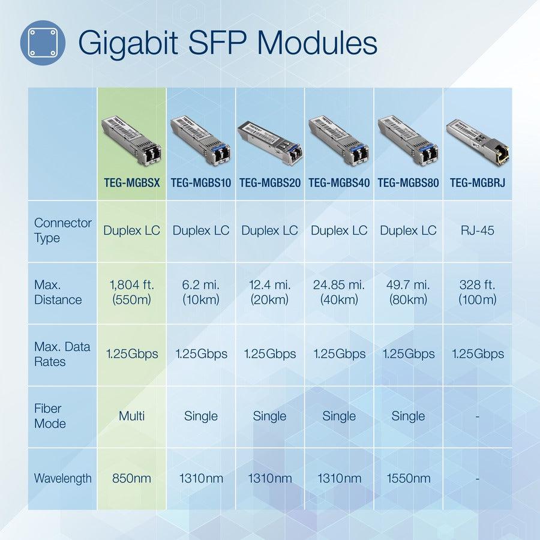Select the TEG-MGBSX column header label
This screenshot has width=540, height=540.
[x=131, y=182]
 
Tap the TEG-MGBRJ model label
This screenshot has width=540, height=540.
[x=478, y=182]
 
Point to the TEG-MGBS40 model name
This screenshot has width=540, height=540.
[x=339, y=182]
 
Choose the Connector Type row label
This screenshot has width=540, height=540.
[x=62, y=230]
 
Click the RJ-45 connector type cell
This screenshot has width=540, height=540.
[x=478, y=230]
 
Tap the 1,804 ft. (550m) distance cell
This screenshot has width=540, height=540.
[x=131, y=292]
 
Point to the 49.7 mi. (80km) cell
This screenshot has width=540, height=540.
[x=408, y=292]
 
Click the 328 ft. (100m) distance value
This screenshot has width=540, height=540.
[x=478, y=292]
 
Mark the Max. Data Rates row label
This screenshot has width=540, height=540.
[x=62, y=354]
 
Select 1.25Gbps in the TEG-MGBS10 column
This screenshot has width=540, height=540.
[x=201, y=354]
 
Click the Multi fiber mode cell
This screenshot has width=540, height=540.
[x=131, y=416]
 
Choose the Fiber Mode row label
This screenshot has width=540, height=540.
[x=50, y=416]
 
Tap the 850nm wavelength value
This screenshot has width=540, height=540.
[x=131, y=478]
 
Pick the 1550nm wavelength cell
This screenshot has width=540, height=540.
[x=408, y=478]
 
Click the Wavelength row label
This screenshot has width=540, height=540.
[x=62, y=478]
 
